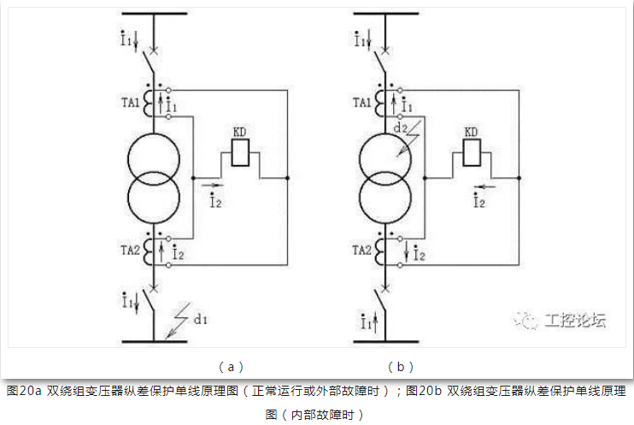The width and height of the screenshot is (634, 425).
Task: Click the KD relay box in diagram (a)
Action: pos(241,154)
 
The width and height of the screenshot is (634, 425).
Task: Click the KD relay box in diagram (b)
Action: pos(471,154)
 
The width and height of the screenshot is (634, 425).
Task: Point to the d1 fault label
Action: pos(201,321)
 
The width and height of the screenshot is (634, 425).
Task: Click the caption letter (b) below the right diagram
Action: pos(401,366)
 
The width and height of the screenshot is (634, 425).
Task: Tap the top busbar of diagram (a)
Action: pos(154,14)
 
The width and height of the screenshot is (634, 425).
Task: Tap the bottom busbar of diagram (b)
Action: pos(385,341)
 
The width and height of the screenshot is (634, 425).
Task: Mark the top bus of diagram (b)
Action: pos(385,14)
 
